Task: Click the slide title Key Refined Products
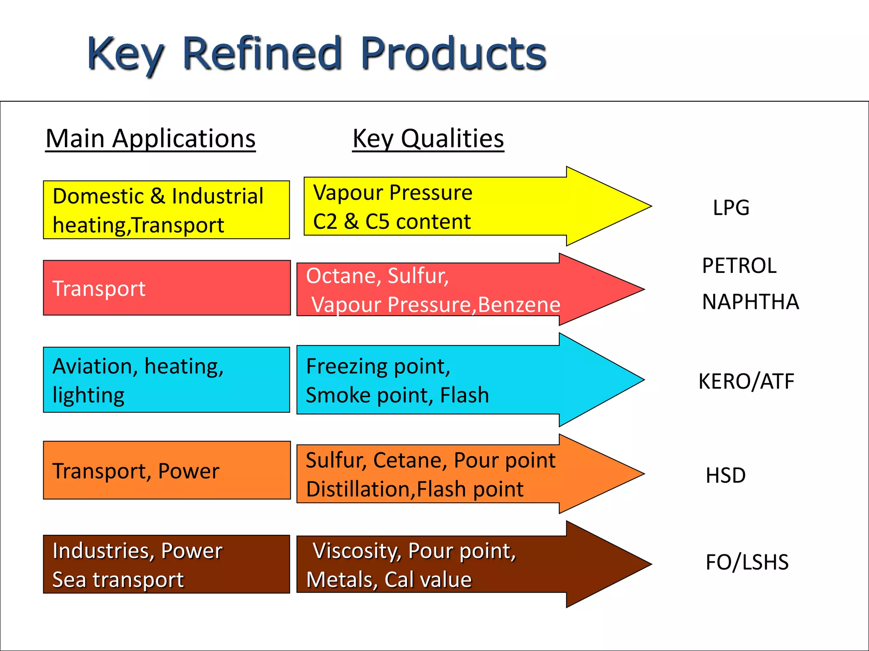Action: pos(317,54)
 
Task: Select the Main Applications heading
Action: pos(151,139)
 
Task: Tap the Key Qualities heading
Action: pos(428,139)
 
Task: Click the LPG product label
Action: pos(731,208)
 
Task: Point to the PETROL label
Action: pos(739,266)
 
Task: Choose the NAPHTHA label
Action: pos(750,302)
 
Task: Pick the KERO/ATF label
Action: pos(746,381)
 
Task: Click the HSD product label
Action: pos(725,475)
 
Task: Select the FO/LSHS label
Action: pos(747,562)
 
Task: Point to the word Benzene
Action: pos(519,305)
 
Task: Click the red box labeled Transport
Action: pos(167,288)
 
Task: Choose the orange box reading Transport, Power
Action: pos(167,470)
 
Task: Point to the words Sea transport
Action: pos(118,580)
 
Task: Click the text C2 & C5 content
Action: pos(392,221)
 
